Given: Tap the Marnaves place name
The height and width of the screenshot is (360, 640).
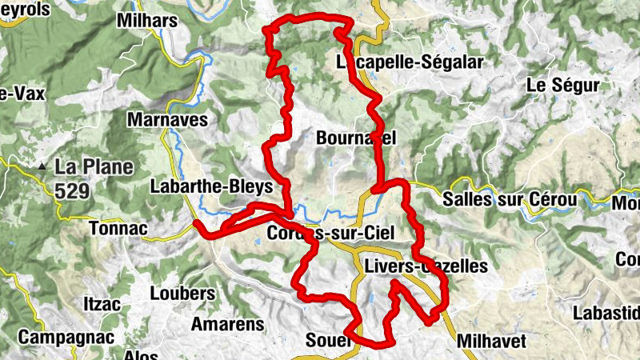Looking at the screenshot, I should [x=167, y=120].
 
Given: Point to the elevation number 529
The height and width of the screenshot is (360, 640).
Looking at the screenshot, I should [x=73, y=190].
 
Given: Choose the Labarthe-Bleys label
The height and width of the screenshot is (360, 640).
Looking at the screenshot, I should [x=211, y=186].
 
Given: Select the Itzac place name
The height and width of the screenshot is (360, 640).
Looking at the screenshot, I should [x=101, y=305].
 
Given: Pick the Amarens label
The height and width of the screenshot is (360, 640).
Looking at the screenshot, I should [x=226, y=324].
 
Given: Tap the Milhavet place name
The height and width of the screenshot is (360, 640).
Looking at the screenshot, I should [x=491, y=342].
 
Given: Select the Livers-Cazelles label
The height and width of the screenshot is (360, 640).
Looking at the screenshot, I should [x=424, y=266].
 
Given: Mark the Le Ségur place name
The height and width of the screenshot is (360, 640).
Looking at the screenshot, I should [x=563, y=85].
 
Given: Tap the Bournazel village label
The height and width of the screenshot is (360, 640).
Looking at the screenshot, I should [x=356, y=138].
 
